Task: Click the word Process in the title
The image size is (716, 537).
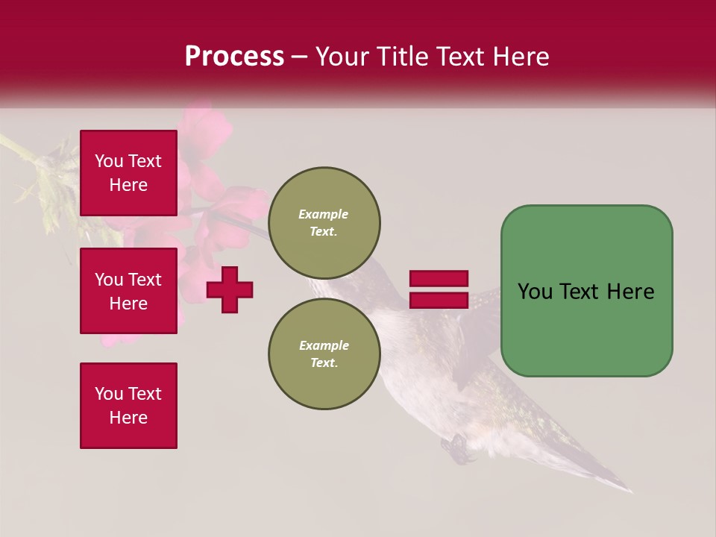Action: tap(234, 57)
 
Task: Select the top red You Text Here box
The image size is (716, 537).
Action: tap(128, 173)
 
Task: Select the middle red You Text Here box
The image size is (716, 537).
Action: tap(128, 291)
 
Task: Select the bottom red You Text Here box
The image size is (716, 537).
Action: tap(128, 406)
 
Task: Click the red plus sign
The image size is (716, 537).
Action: tap(230, 289)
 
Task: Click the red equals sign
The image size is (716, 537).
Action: tap(439, 289)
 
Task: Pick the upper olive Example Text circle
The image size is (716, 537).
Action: tap(324, 223)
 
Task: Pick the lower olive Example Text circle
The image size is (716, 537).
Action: tap(324, 354)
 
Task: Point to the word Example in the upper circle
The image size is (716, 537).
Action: tap(323, 214)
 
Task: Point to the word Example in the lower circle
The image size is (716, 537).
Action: tap(324, 345)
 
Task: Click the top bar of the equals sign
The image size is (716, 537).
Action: tap(439, 279)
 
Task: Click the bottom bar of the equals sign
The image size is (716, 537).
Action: tap(439, 300)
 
